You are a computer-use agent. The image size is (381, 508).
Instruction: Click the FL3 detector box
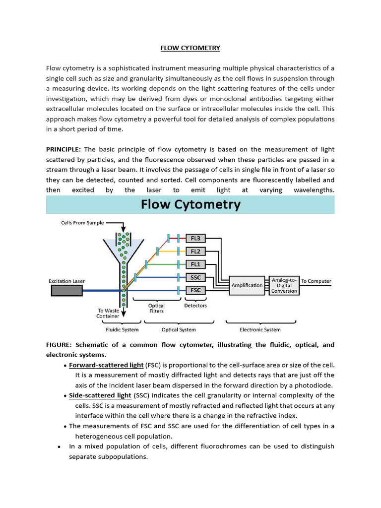(x=195, y=239)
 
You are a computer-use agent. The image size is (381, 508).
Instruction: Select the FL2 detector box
(x=195, y=252)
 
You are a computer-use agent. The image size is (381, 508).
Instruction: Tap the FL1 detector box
(x=195, y=264)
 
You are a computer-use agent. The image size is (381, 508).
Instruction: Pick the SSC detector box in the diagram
(x=195, y=277)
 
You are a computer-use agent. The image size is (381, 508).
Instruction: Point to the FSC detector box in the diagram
(x=195, y=290)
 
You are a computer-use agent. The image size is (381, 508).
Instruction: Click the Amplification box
(x=247, y=285)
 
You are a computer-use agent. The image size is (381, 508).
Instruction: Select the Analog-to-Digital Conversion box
(x=284, y=285)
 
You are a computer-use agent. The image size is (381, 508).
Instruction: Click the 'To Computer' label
(x=316, y=281)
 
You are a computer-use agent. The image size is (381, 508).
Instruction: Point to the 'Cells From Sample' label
(x=82, y=223)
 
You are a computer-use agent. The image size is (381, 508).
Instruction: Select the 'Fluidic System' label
(x=122, y=329)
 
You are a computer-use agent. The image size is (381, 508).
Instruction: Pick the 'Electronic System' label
(x=260, y=329)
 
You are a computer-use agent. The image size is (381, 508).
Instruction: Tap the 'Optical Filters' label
(x=157, y=309)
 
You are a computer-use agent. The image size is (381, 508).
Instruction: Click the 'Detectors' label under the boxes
(x=195, y=306)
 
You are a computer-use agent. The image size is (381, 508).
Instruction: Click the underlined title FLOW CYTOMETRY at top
(x=190, y=48)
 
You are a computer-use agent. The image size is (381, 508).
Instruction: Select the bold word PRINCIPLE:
(x=63, y=149)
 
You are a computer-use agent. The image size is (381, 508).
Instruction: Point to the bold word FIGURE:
(x=60, y=345)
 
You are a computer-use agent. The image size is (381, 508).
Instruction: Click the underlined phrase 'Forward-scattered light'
(x=106, y=365)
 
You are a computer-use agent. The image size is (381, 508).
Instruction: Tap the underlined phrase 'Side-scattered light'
(x=100, y=395)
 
